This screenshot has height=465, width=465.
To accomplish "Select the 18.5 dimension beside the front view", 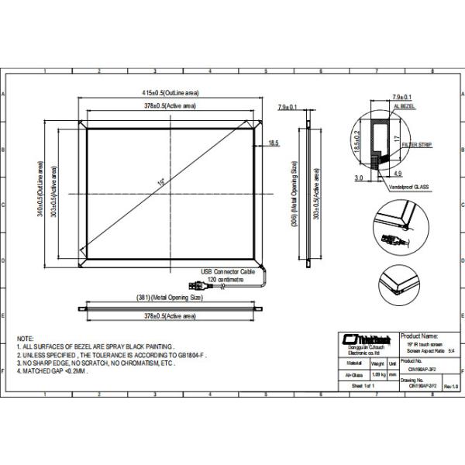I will coord(274,143).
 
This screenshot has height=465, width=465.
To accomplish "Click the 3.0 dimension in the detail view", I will coord(359,177).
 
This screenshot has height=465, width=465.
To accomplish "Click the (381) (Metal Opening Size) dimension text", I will coord(169,298).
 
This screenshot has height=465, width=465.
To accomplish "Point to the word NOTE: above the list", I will coord(26,339).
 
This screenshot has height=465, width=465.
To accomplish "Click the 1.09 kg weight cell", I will coord(380,374).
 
